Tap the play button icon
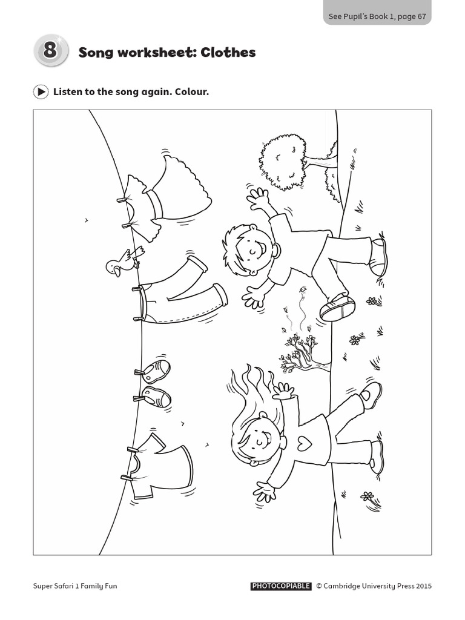tap(41, 92)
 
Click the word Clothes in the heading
tap(229, 53)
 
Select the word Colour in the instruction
tap(192, 92)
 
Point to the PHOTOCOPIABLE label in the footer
tap(281, 586)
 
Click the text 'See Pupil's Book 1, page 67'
tap(377, 16)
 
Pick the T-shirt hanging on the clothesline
tap(160, 466)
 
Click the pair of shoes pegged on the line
tap(155, 383)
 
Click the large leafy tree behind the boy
tap(283, 160)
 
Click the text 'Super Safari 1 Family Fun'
tap(74, 586)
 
